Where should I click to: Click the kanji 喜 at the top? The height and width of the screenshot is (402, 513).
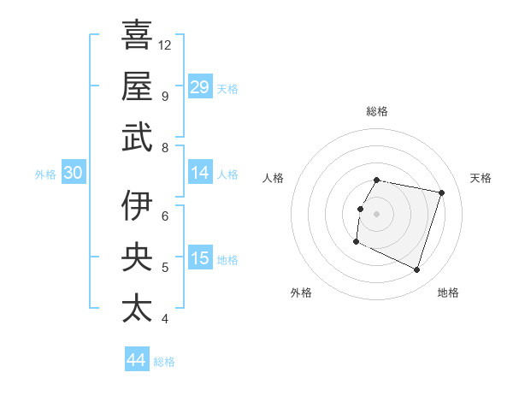point(137,36)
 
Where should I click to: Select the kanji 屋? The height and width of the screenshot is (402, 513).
point(137,86)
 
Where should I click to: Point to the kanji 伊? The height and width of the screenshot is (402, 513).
point(137,206)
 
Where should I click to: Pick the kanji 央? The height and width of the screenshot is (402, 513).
point(137,257)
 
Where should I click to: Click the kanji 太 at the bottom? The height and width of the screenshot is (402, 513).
point(137,307)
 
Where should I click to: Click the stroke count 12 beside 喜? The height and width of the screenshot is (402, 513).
point(165,44)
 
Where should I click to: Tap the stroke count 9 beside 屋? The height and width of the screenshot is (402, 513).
point(164,96)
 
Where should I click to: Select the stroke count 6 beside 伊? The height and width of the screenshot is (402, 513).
point(164,216)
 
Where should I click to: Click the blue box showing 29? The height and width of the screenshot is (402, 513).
point(199,86)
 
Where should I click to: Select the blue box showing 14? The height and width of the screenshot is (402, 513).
point(199,173)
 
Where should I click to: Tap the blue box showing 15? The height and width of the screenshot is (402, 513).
point(199,258)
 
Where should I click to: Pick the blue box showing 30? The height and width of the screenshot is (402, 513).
point(73,173)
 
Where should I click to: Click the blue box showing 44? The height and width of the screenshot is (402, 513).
point(136,360)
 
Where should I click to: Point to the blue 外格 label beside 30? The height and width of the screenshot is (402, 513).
point(45,174)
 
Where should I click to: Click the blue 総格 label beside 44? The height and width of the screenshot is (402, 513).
point(164,362)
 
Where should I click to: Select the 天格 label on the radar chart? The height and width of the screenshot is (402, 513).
point(481,178)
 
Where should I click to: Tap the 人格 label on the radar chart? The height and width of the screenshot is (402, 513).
point(274,178)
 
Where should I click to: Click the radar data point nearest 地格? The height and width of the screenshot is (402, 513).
point(416,270)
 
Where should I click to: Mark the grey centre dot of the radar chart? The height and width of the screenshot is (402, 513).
point(376,214)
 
